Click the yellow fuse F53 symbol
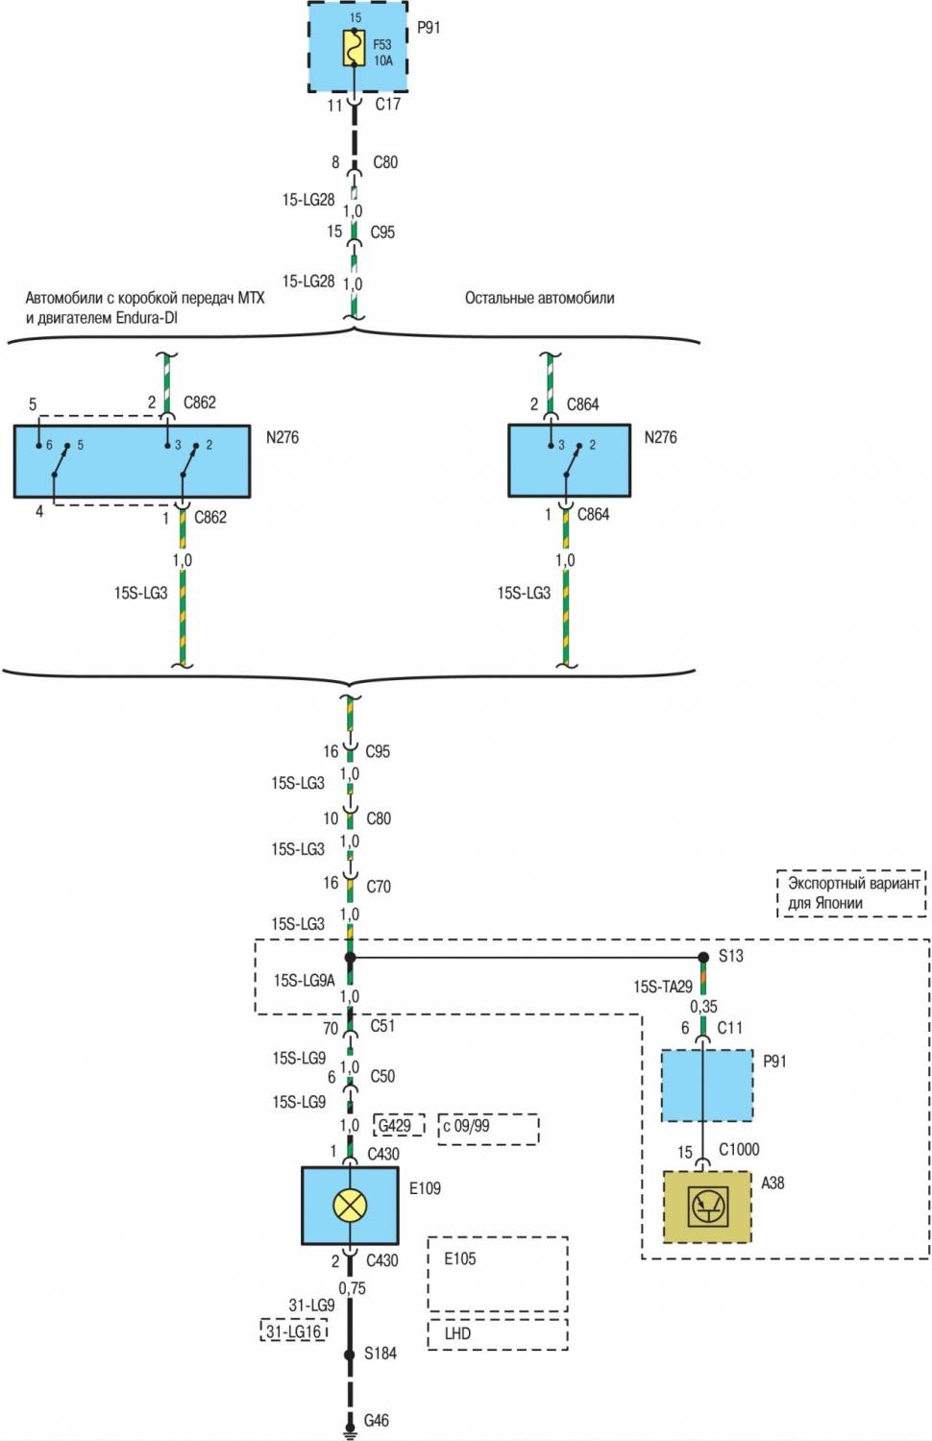(354, 48)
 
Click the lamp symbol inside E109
(350, 1205)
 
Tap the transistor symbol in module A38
(708, 1206)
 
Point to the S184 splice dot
(350, 1355)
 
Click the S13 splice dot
(703, 957)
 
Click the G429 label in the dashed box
(395, 1125)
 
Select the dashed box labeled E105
(497, 1274)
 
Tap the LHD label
(458, 1333)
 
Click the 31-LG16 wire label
(294, 1331)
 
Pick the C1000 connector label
(739, 1149)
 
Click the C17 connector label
(387, 104)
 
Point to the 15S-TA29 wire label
(663, 987)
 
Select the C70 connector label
(379, 886)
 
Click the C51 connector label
(382, 1026)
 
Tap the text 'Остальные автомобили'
(540, 298)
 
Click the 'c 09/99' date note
(467, 1125)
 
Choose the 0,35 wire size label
(703, 1006)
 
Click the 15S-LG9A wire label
(304, 980)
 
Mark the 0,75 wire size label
(352, 1288)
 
